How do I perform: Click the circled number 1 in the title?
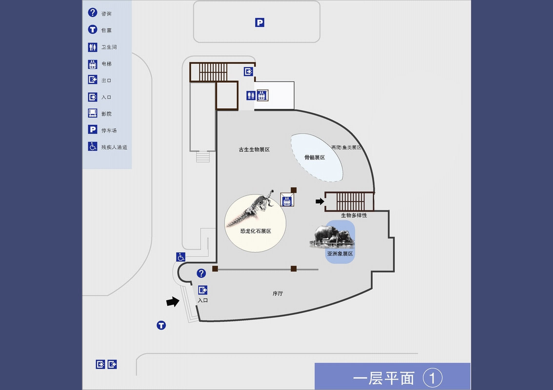coord(433,378)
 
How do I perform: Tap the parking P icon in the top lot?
coord(260,22)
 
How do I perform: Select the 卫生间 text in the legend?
coord(109,47)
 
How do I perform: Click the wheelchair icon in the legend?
coord(93,146)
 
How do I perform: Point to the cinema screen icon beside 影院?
coord(93,113)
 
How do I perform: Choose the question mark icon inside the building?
coord(201,273)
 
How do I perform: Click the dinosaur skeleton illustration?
coord(258,205)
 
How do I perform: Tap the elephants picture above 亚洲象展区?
coord(333,235)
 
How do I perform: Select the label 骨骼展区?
coord(315,157)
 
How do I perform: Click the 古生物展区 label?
coord(254,150)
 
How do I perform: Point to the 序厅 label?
coord(277,293)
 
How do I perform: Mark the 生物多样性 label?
coord(354,215)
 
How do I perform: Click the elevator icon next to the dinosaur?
coord(287,200)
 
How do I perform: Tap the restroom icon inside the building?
coord(251,96)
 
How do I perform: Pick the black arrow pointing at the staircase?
coord(319,201)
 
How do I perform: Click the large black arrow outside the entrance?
coord(173,302)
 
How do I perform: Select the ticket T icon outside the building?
coord(161,325)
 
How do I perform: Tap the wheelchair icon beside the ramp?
coord(181,257)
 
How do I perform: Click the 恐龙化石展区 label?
coord(256,231)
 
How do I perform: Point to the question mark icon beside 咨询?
coord(93,13)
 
